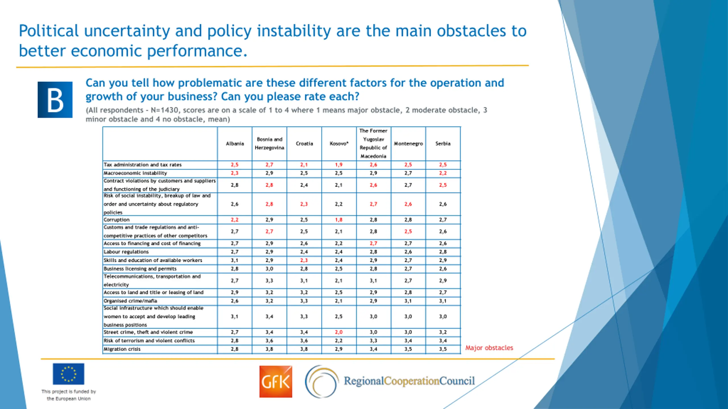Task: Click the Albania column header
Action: tap(235, 144)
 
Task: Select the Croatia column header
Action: tap(304, 144)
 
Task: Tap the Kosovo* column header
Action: tap(339, 144)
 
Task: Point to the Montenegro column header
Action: tap(408, 144)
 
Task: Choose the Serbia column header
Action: tap(443, 144)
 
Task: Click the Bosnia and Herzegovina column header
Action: tap(269, 144)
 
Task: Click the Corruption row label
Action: tap(117, 220)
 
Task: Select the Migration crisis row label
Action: tap(122, 349)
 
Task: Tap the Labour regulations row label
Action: tap(126, 252)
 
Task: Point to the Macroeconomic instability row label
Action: tap(135, 173)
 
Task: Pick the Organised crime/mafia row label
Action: tap(130, 301)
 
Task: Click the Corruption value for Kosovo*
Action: tap(339, 220)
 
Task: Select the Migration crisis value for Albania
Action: tap(235, 349)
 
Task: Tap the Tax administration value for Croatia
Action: tap(304, 165)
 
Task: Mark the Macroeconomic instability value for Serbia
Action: tap(443, 173)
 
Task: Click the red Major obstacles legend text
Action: tap(489, 348)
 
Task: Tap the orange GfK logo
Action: tap(276, 381)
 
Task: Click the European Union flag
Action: tap(69, 374)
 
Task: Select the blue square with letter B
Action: tap(55, 100)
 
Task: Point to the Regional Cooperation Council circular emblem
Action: tap(322, 381)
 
